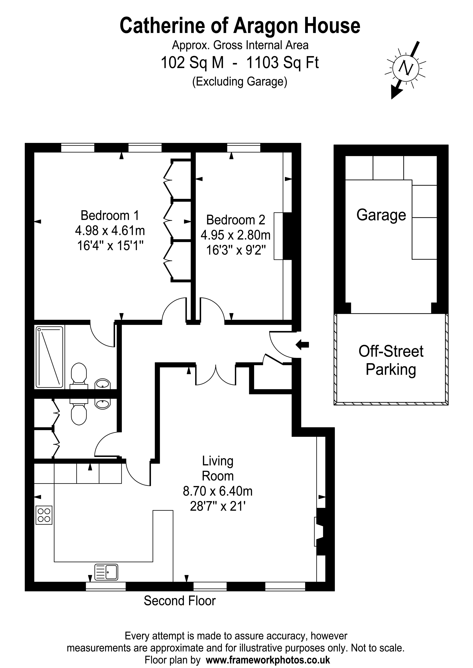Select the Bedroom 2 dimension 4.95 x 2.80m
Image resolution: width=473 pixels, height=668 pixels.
(x=236, y=235)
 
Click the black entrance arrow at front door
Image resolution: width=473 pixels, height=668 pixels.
(x=302, y=345)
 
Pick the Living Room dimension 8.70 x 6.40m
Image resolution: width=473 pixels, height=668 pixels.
(x=217, y=491)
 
